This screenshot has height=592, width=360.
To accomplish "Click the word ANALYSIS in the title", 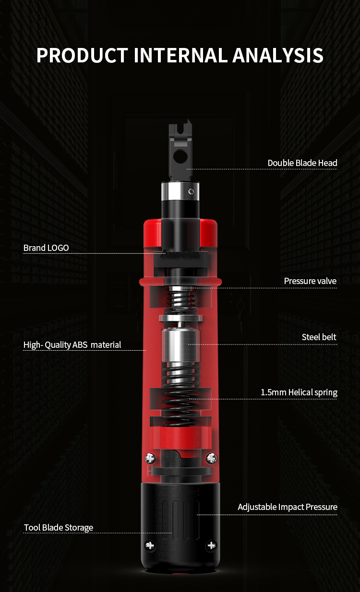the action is click(x=278, y=55).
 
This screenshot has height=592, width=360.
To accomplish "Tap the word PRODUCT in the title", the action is click(x=82, y=55).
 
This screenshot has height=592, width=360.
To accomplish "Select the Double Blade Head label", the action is click(x=302, y=163).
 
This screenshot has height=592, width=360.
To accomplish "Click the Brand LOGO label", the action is click(x=46, y=248).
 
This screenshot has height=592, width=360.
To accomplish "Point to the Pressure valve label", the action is click(x=310, y=281).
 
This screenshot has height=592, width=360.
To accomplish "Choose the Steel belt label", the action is click(x=319, y=337).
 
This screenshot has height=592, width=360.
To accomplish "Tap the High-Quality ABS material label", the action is click(x=72, y=345).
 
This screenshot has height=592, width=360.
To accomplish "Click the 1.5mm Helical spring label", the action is click(x=299, y=392).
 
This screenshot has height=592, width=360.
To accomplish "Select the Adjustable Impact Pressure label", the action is click(x=287, y=507).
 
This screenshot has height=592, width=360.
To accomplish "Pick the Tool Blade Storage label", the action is click(x=59, y=528).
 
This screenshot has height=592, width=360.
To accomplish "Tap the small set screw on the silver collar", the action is click(x=191, y=191).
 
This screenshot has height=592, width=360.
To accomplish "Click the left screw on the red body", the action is click(x=150, y=458).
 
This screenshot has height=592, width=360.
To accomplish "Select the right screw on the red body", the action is click(x=211, y=458).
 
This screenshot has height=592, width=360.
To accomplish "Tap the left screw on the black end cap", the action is click(x=150, y=545).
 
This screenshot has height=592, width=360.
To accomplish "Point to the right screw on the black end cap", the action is click(x=211, y=545).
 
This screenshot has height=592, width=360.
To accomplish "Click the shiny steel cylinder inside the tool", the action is click(x=180, y=345).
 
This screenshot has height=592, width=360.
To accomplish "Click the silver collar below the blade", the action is click(x=180, y=191).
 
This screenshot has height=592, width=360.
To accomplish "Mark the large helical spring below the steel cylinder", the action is click(x=180, y=394).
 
